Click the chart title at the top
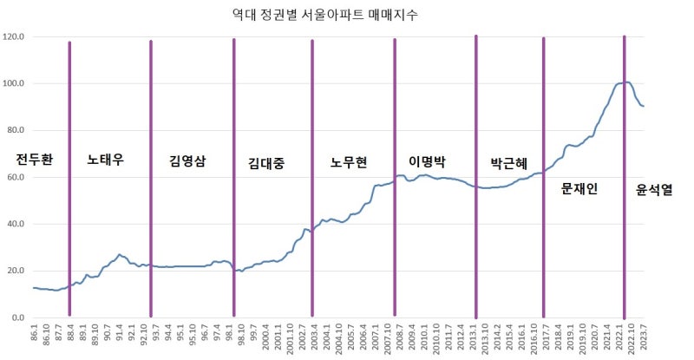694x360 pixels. tap(344, 16)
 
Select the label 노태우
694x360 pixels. tap(106, 160)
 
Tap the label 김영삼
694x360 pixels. tap(187, 160)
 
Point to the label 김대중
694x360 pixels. tap(266, 162)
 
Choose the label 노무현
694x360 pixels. tap(349, 162)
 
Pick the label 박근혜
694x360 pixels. tap(508, 162)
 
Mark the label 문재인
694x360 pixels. tap(579, 187)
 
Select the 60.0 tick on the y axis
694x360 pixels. tap(15, 178)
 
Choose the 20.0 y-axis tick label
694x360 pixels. tap(15, 272)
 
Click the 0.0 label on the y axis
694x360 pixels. tap(17, 318)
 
